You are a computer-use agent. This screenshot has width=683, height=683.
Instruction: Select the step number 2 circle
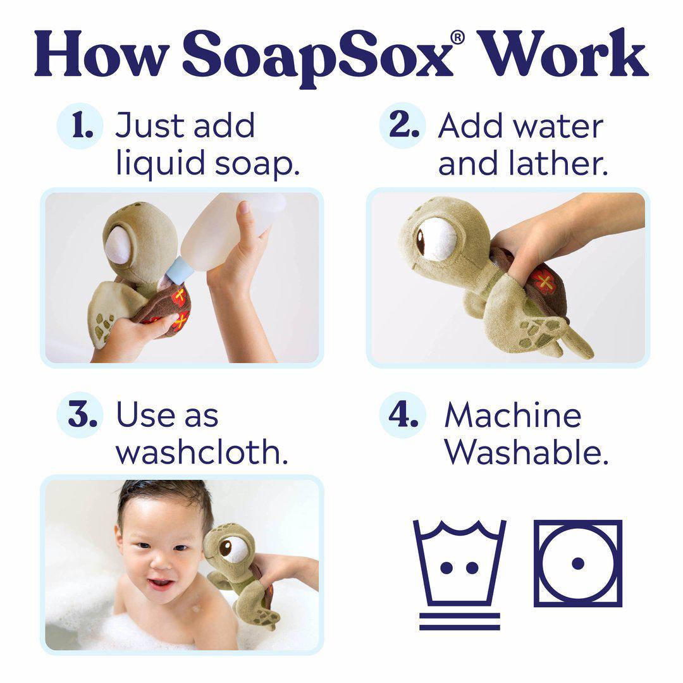pos(402,125)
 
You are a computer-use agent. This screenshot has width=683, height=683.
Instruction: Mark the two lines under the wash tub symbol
pos(460,622)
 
